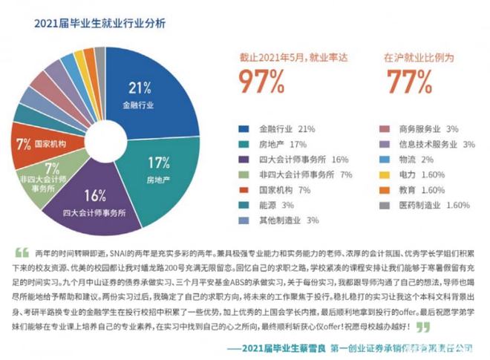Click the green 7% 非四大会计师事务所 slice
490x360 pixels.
pyautogui.click(x=53, y=174)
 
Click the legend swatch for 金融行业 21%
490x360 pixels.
pyautogui.click(x=246, y=128)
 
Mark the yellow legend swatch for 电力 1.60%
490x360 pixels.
pyautogui.click(x=385, y=174)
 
